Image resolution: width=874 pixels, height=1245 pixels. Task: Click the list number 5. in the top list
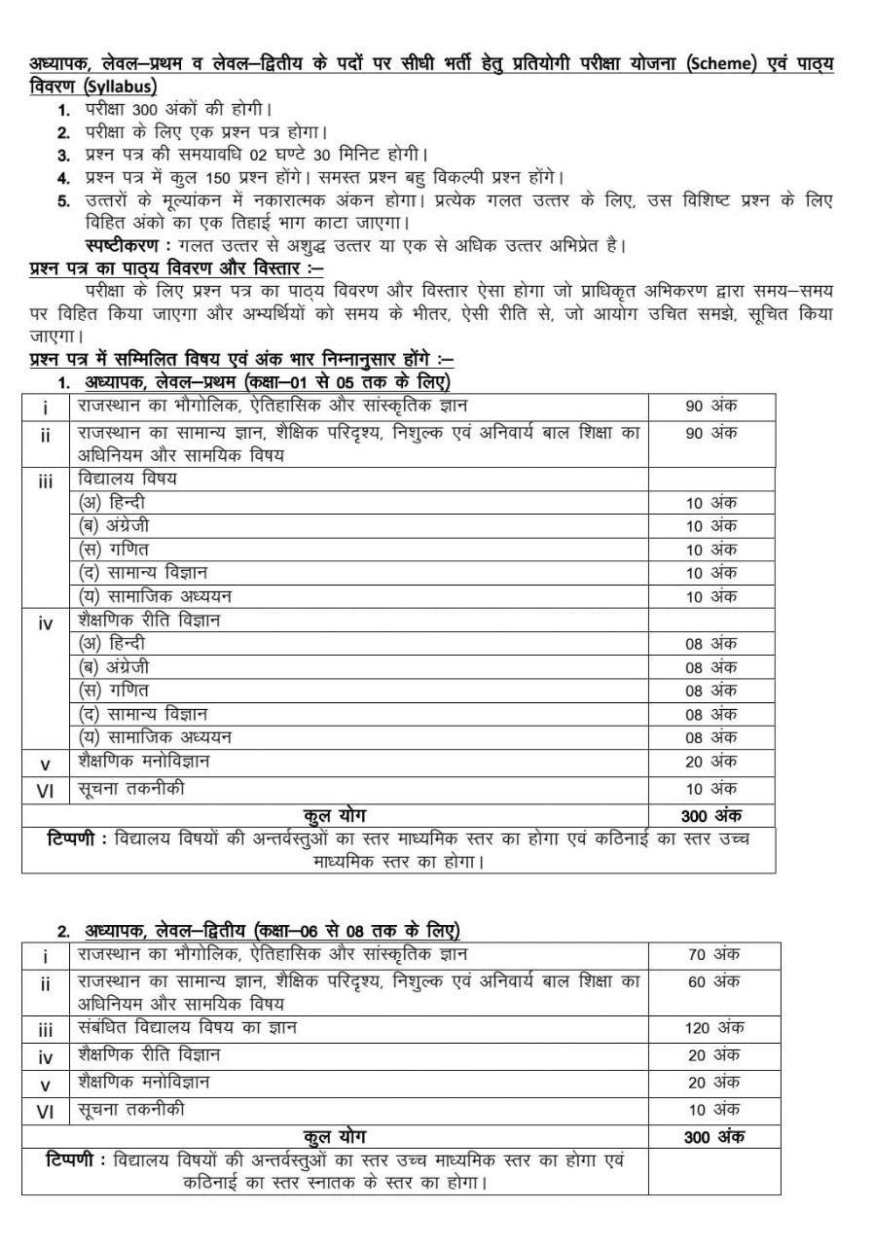pos(63,201)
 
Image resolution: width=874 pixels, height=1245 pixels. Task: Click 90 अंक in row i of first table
pos(711,406)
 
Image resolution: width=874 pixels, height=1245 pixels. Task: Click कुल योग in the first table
pos(335,814)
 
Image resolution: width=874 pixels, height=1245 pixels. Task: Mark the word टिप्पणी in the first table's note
pos(76,838)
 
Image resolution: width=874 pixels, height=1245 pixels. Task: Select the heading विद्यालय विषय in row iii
pos(127,479)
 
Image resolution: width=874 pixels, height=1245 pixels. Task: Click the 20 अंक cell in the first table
pos(711,761)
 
